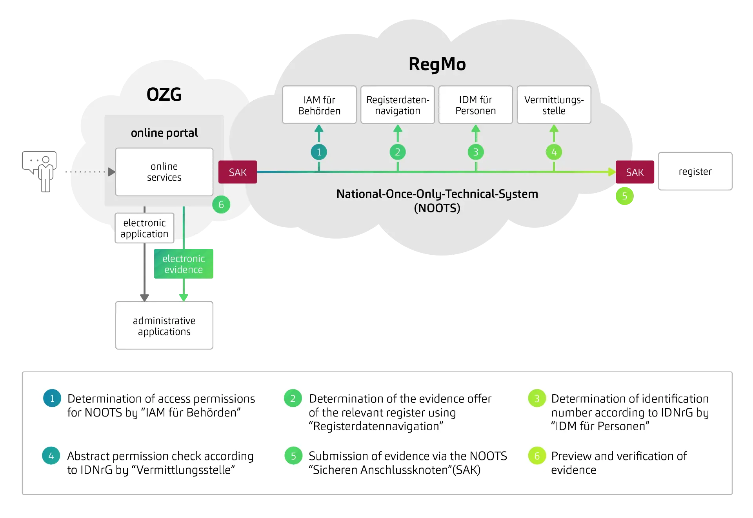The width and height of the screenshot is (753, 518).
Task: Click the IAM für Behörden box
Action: coord(319,105)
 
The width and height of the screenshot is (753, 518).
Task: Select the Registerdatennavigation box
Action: coord(398,105)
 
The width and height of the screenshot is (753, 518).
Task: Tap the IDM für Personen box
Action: coord(475,105)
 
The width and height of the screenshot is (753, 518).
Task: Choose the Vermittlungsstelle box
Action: coord(554,105)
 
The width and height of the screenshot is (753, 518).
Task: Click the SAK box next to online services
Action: coord(238,172)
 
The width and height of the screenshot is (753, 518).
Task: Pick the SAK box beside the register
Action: coord(635,172)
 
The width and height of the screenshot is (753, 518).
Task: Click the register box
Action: coord(695,171)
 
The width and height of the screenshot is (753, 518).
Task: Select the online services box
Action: coord(164,172)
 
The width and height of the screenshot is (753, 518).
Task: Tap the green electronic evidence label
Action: coord(184,264)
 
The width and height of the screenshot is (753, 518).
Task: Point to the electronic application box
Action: coord(144,228)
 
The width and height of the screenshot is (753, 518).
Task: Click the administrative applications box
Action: coord(164,326)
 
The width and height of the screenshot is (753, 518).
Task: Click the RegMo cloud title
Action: coord(437,64)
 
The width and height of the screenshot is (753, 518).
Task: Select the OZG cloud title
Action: coord(164,94)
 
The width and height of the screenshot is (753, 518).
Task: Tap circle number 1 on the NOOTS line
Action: coord(319,152)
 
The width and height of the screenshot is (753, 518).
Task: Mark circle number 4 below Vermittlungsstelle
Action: coord(554,152)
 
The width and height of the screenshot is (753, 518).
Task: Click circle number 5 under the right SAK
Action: coord(624,196)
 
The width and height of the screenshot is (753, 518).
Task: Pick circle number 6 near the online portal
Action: coord(221,205)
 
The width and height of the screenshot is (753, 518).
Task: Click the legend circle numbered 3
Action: coord(537,398)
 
